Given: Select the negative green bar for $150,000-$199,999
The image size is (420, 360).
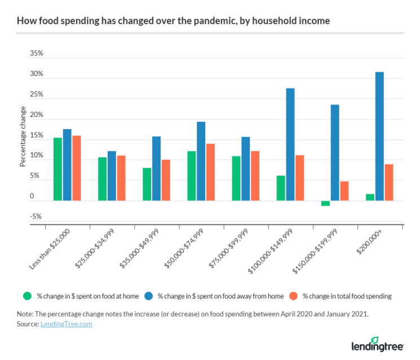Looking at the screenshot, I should pyautogui.click(x=325, y=203).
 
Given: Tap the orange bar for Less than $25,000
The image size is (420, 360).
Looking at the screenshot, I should pyautogui.click(x=76, y=168).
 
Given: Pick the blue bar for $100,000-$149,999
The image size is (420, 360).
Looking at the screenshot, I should pyautogui.click(x=290, y=144).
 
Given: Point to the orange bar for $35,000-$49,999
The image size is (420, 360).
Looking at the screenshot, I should pyautogui.click(x=165, y=180).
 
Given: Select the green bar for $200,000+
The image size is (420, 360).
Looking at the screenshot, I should pyautogui.click(x=370, y=197).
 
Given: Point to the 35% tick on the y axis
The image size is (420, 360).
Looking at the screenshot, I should pyautogui.click(x=36, y=54).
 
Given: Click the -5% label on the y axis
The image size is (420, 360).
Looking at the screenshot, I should pyautogui.click(x=36, y=217).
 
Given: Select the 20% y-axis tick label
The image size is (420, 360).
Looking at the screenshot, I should pyautogui.click(x=36, y=115).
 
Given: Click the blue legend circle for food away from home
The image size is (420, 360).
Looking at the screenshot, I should pyautogui.click(x=149, y=296).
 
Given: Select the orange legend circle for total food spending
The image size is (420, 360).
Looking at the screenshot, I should pyautogui.click(x=294, y=296).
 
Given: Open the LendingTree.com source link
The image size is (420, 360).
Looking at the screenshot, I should pyautogui.click(x=66, y=324).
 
